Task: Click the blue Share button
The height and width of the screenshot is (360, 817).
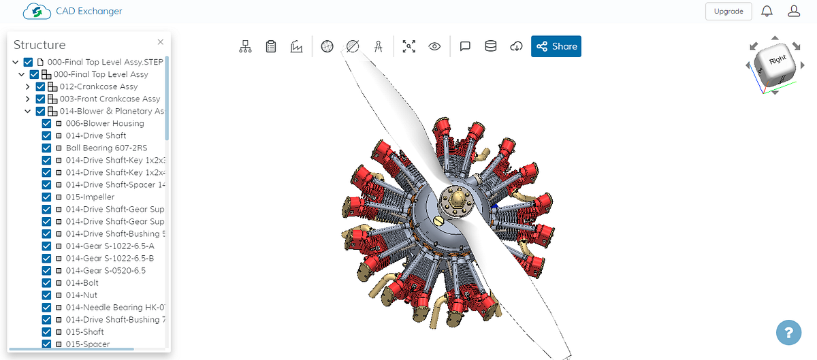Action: (556, 46)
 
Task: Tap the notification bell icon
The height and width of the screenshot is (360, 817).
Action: (767, 12)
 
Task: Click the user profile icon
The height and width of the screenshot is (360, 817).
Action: (793, 12)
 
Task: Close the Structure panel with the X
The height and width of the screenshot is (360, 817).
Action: (161, 42)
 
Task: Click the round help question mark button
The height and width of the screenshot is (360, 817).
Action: (788, 333)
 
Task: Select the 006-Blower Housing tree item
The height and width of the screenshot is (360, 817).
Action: (105, 123)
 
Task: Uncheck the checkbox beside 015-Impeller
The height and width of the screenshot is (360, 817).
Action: (47, 197)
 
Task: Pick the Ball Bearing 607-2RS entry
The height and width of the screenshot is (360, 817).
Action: (106, 148)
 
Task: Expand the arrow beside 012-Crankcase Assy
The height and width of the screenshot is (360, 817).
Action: (28, 86)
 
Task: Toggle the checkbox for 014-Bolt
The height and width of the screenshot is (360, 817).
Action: (47, 282)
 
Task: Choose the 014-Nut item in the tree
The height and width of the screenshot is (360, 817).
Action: (82, 295)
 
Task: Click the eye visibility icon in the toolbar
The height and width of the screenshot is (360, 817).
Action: (434, 46)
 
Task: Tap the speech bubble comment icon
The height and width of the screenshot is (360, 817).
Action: (466, 46)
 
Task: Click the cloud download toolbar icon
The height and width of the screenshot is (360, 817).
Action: (517, 46)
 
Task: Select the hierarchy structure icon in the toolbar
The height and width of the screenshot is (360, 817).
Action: (245, 46)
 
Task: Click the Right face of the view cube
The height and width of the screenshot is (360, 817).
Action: (777, 61)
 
